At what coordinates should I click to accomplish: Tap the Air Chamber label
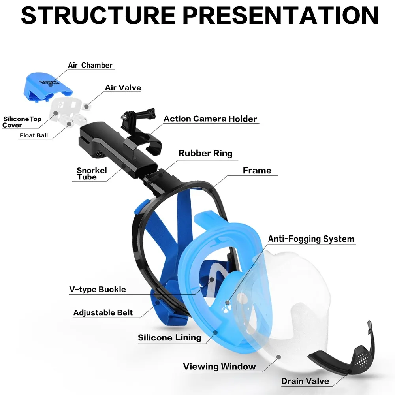click(90, 65)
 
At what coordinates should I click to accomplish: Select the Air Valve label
click(123, 88)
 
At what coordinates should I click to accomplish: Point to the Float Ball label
click(34, 135)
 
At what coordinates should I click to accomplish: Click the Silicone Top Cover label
click(22, 122)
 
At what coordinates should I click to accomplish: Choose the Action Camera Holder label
click(210, 118)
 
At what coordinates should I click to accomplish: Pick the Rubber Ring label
click(205, 153)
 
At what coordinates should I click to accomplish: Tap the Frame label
click(257, 171)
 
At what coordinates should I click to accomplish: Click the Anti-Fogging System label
click(311, 239)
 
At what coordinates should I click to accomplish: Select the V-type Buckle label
click(98, 290)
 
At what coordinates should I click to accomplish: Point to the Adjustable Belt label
click(103, 313)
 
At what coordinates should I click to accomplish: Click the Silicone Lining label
click(169, 338)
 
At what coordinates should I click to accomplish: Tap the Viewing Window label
click(220, 367)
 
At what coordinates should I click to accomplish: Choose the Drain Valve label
click(305, 381)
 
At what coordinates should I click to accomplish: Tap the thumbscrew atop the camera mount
click(127, 116)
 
